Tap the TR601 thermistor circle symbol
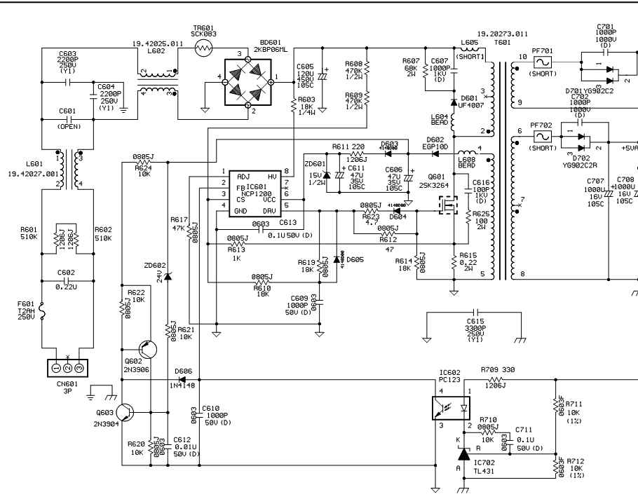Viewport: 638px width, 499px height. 205,48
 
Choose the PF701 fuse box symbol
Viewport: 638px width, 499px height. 541,62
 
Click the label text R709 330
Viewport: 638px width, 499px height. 497,369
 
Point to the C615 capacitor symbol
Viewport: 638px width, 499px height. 476,310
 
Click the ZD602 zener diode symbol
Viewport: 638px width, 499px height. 168,274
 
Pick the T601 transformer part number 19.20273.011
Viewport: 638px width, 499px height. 502,33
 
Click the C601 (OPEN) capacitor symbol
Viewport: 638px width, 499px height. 67,119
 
